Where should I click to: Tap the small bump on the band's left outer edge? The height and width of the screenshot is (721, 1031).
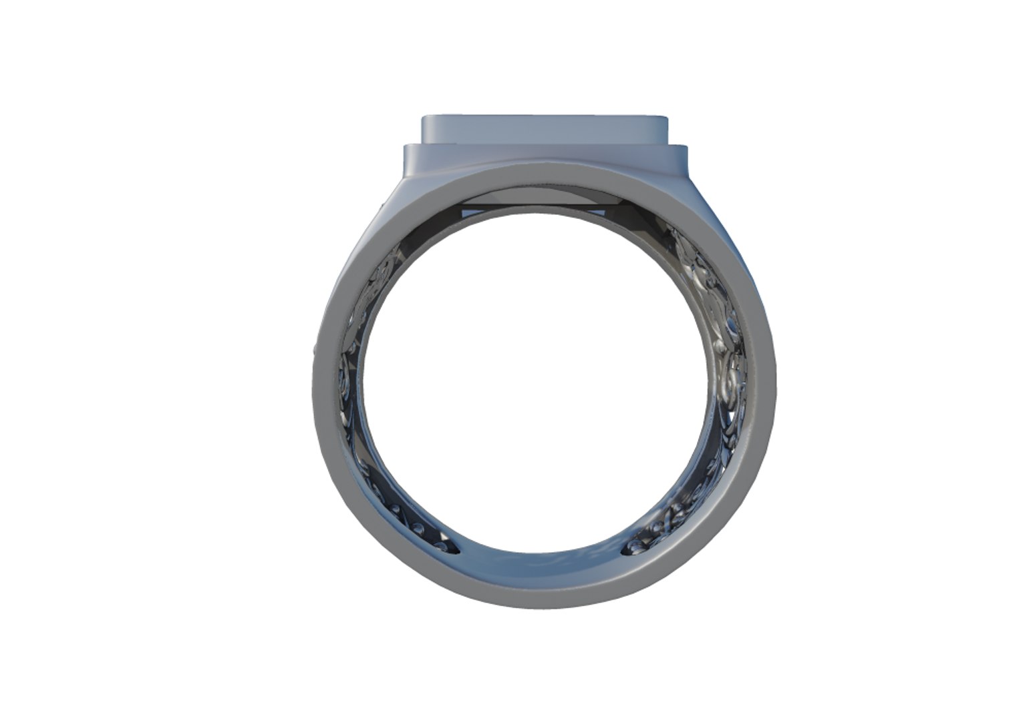pos(314,349)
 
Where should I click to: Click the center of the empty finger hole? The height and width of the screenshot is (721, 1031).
pos(543,387)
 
